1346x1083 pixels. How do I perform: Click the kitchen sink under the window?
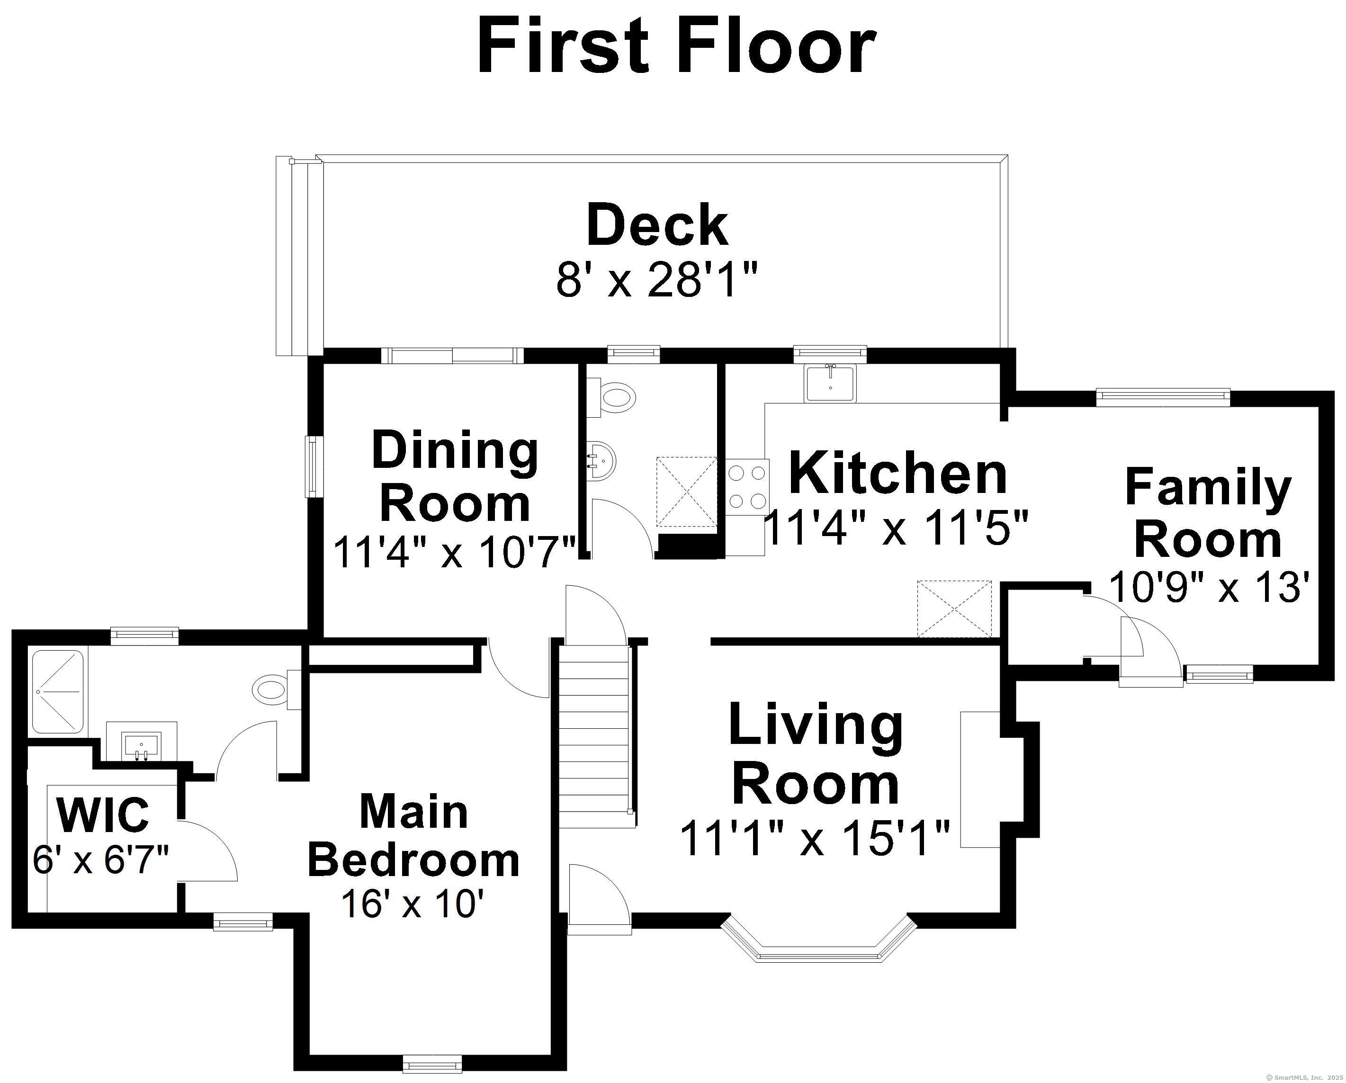[830, 383]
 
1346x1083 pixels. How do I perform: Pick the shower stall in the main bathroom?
[57, 692]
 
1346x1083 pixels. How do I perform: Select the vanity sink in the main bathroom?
[142, 742]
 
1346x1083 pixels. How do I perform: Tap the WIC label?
[103, 814]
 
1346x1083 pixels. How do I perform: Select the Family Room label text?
[1208, 513]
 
